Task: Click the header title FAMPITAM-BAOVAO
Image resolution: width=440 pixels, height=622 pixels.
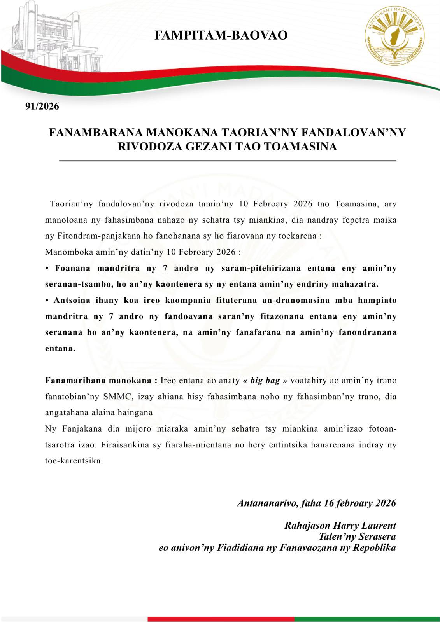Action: (x=221, y=35)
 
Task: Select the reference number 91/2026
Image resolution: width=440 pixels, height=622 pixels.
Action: (x=42, y=106)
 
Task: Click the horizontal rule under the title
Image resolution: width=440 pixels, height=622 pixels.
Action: (x=227, y=161)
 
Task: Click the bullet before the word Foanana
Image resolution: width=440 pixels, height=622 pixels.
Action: (x=47, y=268)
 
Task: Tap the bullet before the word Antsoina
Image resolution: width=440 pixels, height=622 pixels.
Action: (x=47, y=300)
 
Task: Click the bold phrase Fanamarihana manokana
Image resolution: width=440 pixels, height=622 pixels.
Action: (x=101, y=381)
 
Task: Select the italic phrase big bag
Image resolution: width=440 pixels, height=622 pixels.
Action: (x=265, y=381)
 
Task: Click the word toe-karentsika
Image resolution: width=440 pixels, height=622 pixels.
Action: (x=74, y=461)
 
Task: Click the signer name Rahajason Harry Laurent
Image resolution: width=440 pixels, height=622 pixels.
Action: (x=340, y=526)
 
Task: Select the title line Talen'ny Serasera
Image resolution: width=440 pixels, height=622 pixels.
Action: (x=357, y=536)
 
